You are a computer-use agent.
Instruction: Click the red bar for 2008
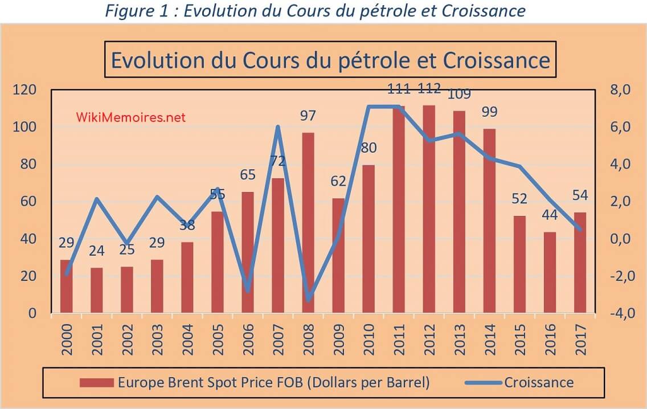click(308, 222)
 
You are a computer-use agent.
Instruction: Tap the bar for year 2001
click(97, 290)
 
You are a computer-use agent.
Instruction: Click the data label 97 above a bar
click(308, 116)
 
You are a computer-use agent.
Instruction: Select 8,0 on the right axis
click(616, 90)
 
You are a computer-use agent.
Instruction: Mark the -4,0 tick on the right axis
click(615, 314)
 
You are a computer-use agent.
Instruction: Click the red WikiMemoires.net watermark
click(130, 117)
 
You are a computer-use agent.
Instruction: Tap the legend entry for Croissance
click(538, 382)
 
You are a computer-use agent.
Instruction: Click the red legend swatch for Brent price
click(96, 382)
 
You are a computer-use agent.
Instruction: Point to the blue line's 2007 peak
click(278, 127)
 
